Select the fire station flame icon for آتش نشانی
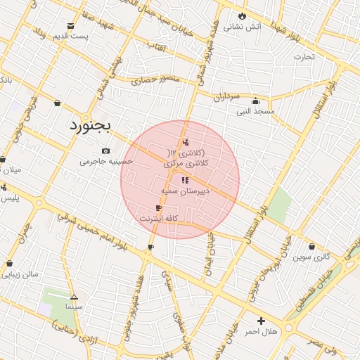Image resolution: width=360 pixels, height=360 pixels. (243, 15)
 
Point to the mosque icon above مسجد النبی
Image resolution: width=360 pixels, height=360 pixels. (255, 101)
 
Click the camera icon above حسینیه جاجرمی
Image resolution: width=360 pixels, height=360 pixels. (105, 150)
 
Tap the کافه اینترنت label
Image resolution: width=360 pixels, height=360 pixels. (158, 219)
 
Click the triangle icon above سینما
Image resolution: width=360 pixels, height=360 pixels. (74, 296)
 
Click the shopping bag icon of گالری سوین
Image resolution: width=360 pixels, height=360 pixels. (311, 246)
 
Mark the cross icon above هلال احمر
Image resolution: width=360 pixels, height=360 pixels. (260, 320)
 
